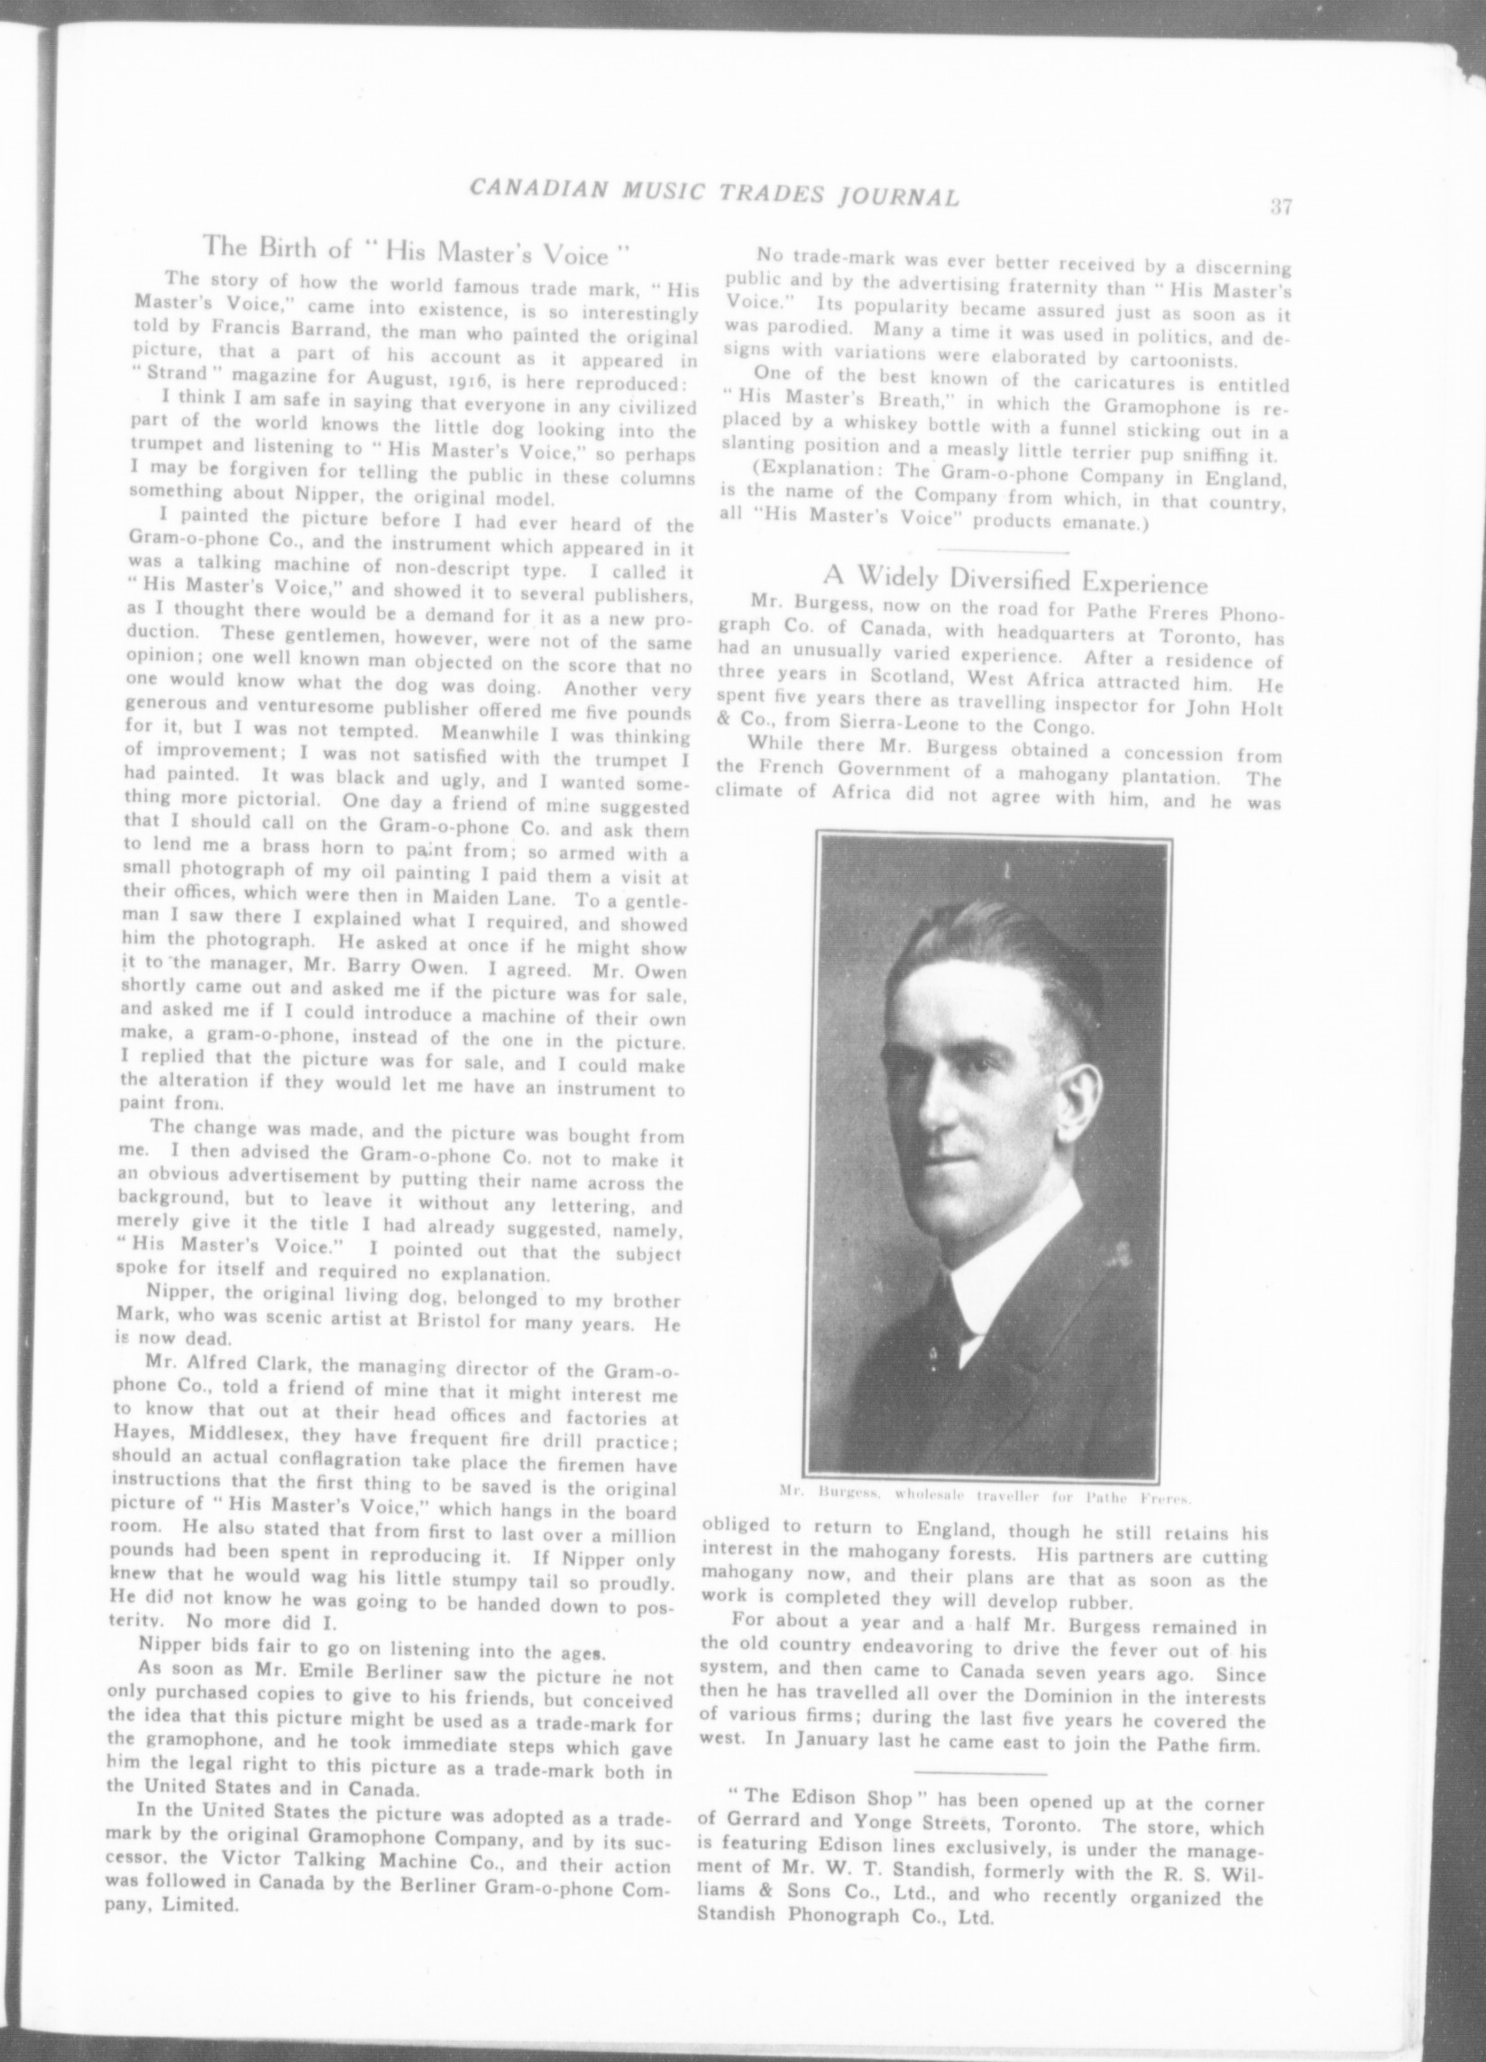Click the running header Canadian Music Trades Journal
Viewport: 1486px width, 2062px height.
714,196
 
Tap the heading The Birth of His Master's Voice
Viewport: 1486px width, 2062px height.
417,248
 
